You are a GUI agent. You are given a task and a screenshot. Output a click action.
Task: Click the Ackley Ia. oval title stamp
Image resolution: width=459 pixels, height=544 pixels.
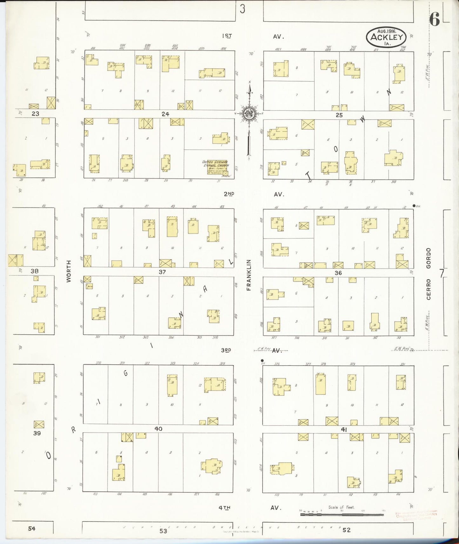386,37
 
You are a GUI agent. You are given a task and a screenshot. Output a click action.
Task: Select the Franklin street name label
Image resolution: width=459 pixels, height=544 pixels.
249,275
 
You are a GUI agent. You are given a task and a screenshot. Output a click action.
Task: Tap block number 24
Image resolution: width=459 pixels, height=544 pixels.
165,114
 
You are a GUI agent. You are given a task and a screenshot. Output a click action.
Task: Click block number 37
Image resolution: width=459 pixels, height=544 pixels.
162,272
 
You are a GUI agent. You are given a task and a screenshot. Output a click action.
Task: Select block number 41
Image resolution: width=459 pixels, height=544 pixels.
343,429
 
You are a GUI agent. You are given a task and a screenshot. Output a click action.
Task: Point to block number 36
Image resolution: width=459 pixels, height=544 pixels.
338,273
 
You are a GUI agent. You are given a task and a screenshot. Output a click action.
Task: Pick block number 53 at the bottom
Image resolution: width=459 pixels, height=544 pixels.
163,531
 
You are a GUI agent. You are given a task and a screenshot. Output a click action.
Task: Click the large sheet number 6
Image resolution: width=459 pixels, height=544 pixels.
434,21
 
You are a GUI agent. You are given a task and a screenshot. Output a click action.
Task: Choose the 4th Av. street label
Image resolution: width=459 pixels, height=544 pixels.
250,508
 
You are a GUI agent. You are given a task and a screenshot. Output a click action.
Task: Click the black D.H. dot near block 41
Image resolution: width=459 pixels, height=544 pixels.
262,361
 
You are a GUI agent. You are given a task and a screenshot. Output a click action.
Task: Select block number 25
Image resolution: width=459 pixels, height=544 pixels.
339,115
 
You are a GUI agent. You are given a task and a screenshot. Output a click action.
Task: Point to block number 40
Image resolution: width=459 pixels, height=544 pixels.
158,429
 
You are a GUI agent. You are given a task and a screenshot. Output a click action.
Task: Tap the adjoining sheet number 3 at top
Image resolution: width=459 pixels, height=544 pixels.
243,9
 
